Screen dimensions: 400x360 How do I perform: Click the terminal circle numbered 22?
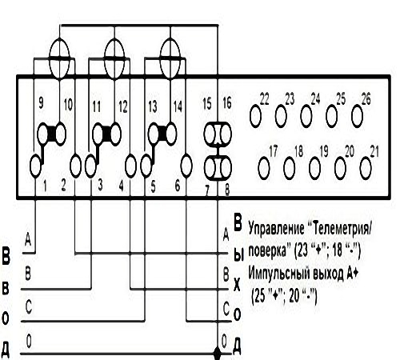tap(255, 116)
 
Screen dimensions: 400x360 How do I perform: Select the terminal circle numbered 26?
tap(357, 116)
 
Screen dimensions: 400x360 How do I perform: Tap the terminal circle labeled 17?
tap(264, 168)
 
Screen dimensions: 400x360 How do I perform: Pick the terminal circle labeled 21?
tap(366, 168)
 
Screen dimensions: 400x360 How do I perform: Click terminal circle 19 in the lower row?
tap(315, 168)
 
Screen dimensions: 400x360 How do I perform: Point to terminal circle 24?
tap(306, 116)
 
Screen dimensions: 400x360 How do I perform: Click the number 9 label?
tap(41, 103)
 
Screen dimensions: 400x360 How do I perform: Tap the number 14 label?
tap(178, 106)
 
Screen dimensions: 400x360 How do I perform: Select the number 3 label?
tap(100, 185)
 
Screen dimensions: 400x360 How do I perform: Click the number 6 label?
tap(178, 185)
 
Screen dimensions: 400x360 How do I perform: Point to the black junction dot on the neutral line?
tap(218, 354)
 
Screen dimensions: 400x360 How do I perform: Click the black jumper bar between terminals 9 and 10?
tap(51, 134)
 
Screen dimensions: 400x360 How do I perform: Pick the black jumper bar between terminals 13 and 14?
tap(162, 134)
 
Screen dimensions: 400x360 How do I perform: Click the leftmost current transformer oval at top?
tap(59, 58)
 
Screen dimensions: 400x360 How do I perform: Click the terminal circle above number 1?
tap(35, 166)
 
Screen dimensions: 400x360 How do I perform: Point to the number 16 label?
tap(227, 103)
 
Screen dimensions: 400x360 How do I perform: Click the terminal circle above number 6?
tap(186, 166)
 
